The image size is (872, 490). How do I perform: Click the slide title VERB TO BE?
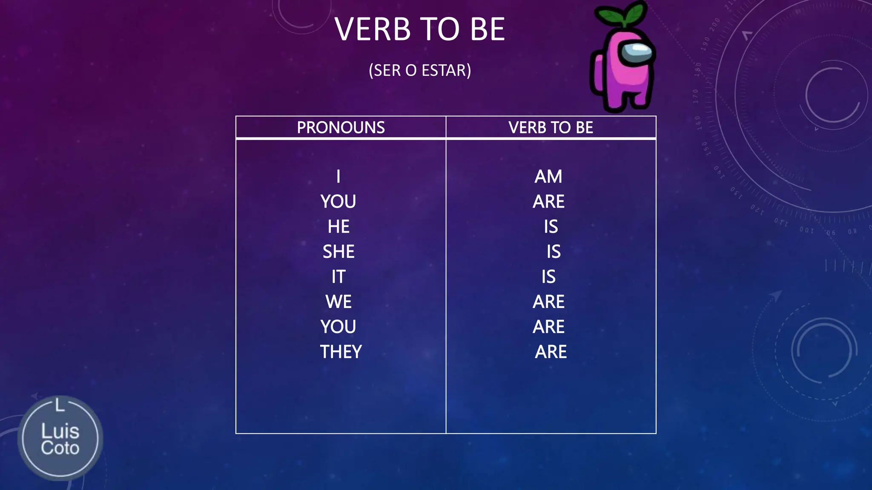[x=420, y=29]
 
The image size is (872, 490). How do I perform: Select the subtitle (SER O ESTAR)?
[x=420, y=70]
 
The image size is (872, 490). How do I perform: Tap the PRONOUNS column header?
[x=341, y=128]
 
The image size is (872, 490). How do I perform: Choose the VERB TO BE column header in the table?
[x=551, y=128]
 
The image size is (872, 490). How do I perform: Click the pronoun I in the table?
[x=338, y=177]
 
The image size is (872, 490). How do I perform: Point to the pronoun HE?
[x=338, y=227]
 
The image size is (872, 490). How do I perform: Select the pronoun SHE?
[x=338, y=252]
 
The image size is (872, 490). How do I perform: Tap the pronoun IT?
[x=338, y=277]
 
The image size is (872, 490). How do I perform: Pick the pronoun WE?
[x=338, y=302]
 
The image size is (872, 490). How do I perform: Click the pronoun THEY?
[x=341, y=352]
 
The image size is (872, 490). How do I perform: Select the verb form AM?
[x=548, y=177]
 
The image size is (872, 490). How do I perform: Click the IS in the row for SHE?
[x=554, y=252]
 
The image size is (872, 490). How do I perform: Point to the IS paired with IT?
[x=548, y=277]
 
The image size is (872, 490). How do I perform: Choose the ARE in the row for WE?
[x=548, y=302]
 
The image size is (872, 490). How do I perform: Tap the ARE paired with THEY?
[x=551, y=352]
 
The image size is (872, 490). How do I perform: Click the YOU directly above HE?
[x=338, y=202]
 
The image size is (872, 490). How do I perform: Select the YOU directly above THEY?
[x=338, y=327]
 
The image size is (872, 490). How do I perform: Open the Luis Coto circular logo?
[x=60, y=439]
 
